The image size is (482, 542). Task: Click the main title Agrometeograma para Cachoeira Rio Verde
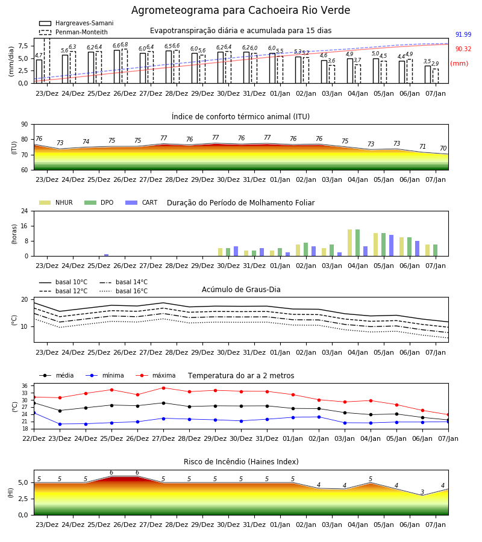[x=240, y=10]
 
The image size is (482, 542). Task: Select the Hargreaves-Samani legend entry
[x=77, y=23]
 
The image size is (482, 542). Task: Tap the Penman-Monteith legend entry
[x=74, y=32]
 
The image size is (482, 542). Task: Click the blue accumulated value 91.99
[x=463, y=34]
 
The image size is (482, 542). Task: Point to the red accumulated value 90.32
[x=463, y=49]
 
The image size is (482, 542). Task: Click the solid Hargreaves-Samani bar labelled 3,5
[x=428, y=74]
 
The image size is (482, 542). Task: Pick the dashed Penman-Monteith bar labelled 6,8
[x=125, y=66]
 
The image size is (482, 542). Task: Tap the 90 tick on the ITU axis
[x=25, y=125]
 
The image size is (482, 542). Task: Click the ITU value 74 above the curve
[x=86, y=142]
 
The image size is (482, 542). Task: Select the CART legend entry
[x=142, y=202]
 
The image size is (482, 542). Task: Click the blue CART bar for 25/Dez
[x=106, y=255]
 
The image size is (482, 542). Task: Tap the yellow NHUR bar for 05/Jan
[x=375, y=245]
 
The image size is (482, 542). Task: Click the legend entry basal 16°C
[x=124, y=291]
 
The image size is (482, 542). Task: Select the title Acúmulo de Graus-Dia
[x=241, y=289]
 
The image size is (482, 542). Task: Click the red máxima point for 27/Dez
[x=163, y=388]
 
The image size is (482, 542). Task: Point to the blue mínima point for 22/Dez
[x=34, y=413]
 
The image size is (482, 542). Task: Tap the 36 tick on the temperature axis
[x=25, y=386]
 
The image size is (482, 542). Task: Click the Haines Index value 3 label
[x=422, y=492]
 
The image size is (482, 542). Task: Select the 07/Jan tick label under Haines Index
[x=436, y=525]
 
